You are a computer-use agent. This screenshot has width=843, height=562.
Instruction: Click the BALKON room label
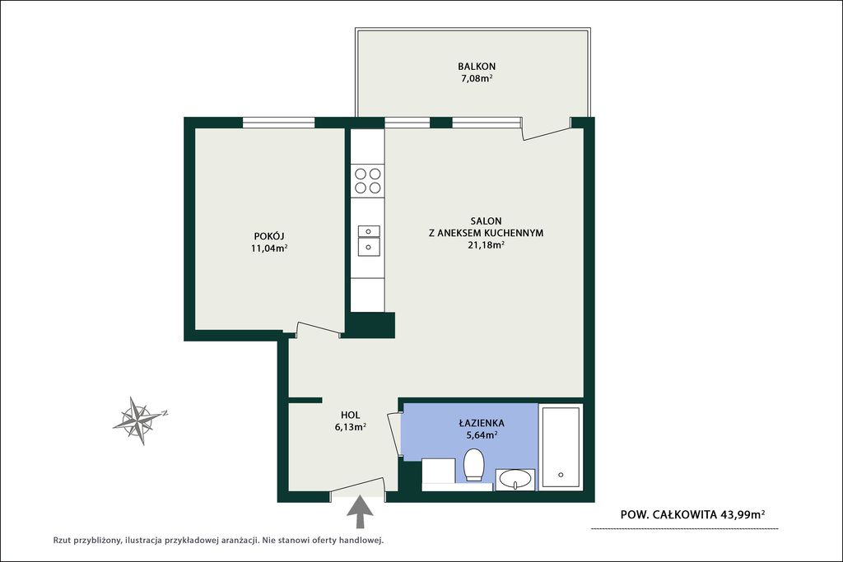pyautogui.click(x=477, y=67)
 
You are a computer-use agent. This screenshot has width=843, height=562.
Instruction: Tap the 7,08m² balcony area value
pyautogui.click(x=477, y=79)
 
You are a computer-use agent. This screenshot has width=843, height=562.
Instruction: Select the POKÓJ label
pyautogui.click(x=269, y=236)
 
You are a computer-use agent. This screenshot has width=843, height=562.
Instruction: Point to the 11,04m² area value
pyautogui.click(x=269, y=248)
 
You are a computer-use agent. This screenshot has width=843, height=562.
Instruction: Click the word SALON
pyautogui.click(x=486, y=221)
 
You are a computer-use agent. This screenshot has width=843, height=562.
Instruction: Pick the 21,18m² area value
pyautogui.click(x=486, y=245)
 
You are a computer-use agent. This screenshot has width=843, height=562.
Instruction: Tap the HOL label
pyautogui.click(x=350, y=415)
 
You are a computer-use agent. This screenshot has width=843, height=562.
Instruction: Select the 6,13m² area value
pyautogui.click(x=350, y=427)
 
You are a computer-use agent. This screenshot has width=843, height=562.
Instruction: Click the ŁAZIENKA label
pyautogui.click(x=482, y=424)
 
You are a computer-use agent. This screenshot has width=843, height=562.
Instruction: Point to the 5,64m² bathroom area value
pyautogui.click(x=482, y=436)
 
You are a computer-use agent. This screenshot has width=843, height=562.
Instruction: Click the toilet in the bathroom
pyautogui.click(x=473, y=465)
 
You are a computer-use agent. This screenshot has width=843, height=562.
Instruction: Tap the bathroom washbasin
pyautogui.click(x=515, y=479)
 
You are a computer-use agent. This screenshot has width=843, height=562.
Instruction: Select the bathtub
pyautogui.click(x=561, y=447)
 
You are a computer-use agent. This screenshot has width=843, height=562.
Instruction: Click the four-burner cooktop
pyautogui.click(x=368, y=180)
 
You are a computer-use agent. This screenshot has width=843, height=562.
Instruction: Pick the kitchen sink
pyautogui.click(x=369, y=239)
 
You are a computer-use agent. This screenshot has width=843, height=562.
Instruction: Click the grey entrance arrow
pyautogui.click(x=359, y=513)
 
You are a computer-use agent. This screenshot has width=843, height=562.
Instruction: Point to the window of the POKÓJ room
pyautogui.click(x=278, y=123)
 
